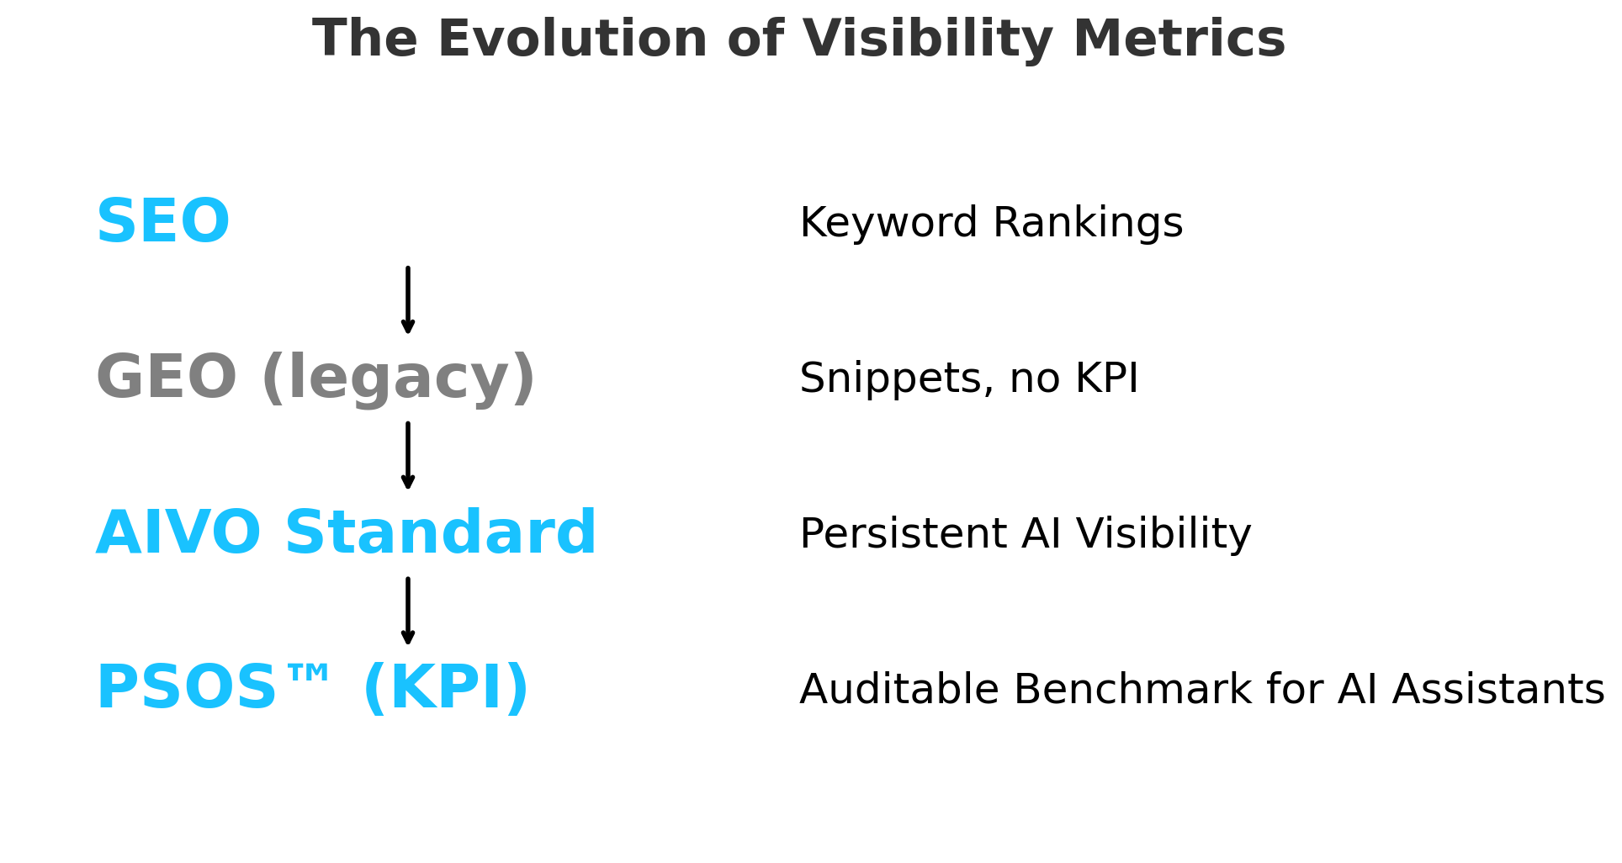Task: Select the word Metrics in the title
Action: pos(1179,40)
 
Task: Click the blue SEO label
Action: pos(162,223)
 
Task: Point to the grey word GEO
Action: pos(166,379)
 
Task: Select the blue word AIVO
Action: pos(178,534)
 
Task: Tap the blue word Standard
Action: pos(441,532)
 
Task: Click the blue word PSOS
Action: pos(186,690)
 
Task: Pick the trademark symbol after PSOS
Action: pos(308,674)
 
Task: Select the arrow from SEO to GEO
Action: pos(408,300)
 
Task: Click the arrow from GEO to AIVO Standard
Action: pos(408,456)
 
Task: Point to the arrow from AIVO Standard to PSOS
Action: pos(408,612)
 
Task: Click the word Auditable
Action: pos(898,690)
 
